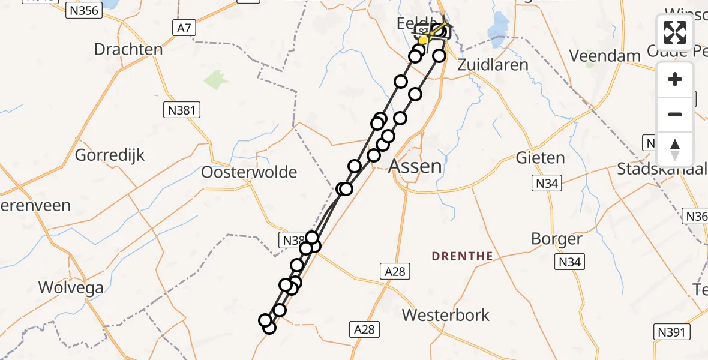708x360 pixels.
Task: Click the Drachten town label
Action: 128,49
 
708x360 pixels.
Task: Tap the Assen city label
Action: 416,166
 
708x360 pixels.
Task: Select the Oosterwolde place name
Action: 249,173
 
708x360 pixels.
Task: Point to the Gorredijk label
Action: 110,155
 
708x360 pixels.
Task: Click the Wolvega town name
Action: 71,287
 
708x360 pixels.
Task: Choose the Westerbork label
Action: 446,315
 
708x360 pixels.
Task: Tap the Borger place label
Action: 557,239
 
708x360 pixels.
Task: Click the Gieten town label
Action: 540,158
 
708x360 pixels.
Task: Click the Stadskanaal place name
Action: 659,169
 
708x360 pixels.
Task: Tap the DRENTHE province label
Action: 463,256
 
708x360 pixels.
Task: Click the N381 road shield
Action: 182,110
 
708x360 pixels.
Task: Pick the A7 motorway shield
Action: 184,28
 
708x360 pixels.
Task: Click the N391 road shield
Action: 671,332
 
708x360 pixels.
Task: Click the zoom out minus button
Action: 675,114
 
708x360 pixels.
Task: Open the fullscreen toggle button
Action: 675,32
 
